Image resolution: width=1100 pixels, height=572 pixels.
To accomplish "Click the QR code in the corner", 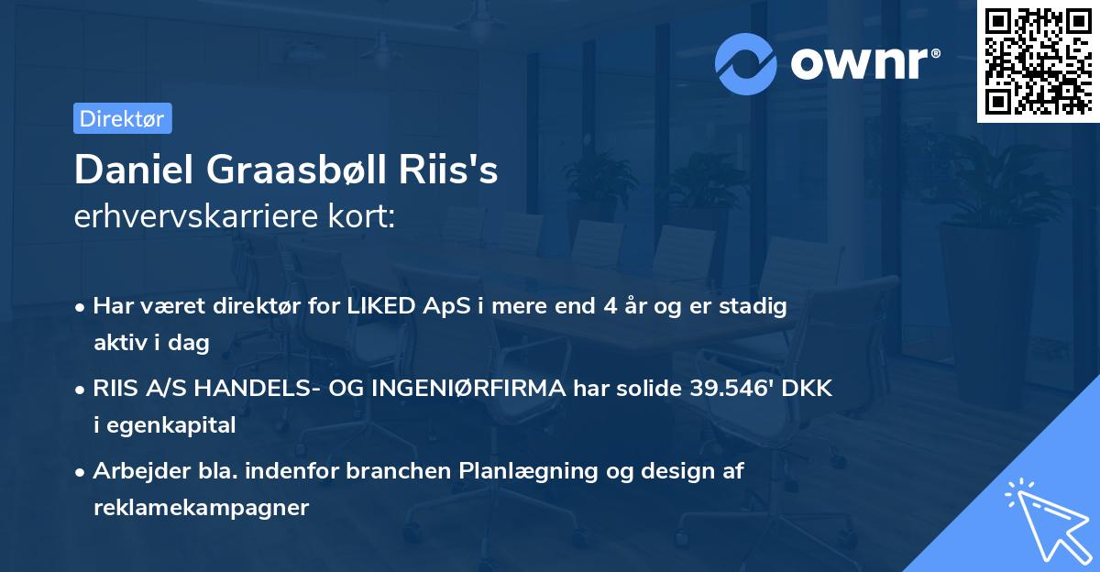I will [x=1037, y=60].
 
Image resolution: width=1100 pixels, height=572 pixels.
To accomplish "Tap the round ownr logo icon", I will [x=746, y=63].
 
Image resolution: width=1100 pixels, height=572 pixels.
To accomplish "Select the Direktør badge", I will [x=122, y=118].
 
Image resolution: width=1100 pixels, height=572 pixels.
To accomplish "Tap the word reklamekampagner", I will [x=201, y=507].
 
